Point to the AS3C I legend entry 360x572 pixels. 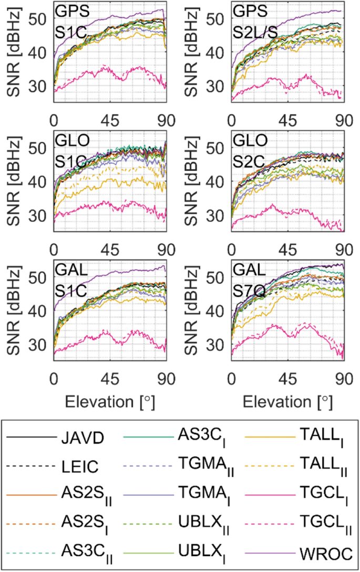(x=200, y=437)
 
